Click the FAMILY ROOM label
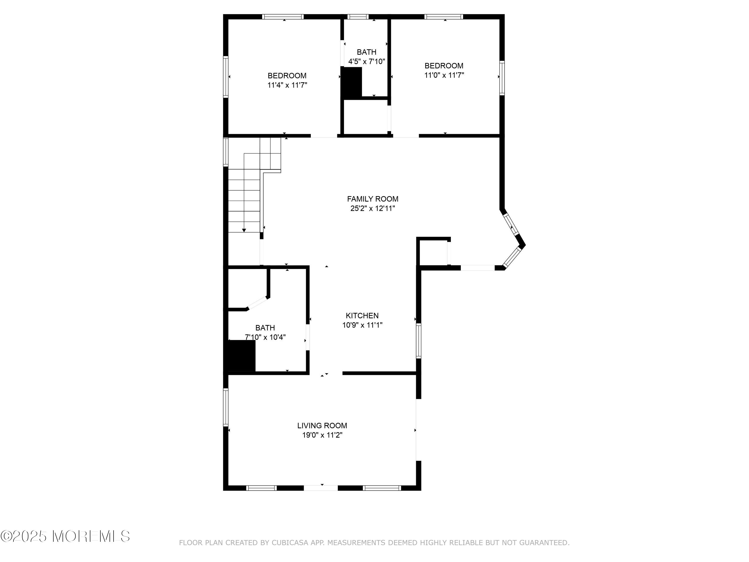(x=373, y=199)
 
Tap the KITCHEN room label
(x=362, y=316)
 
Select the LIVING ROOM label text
(x=322, y=425)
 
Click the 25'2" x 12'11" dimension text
(x=373, y=208)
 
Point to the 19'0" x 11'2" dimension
(x=322, y=435)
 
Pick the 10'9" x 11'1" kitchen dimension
(x=362, y=325)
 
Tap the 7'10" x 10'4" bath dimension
(x=265, y=337)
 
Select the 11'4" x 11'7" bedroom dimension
(x=287, y=85)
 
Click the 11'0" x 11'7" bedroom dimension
(x=444, y=75)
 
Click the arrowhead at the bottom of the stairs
(x=244, y=230)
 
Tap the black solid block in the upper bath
(x=352, y=83)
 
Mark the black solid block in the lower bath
(x=240, y=355)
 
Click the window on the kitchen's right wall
(x=418, y=341)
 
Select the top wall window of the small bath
(x=358, y=16)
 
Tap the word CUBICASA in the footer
(x=290, y=543)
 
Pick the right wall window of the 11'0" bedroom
(x=502, y=78)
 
